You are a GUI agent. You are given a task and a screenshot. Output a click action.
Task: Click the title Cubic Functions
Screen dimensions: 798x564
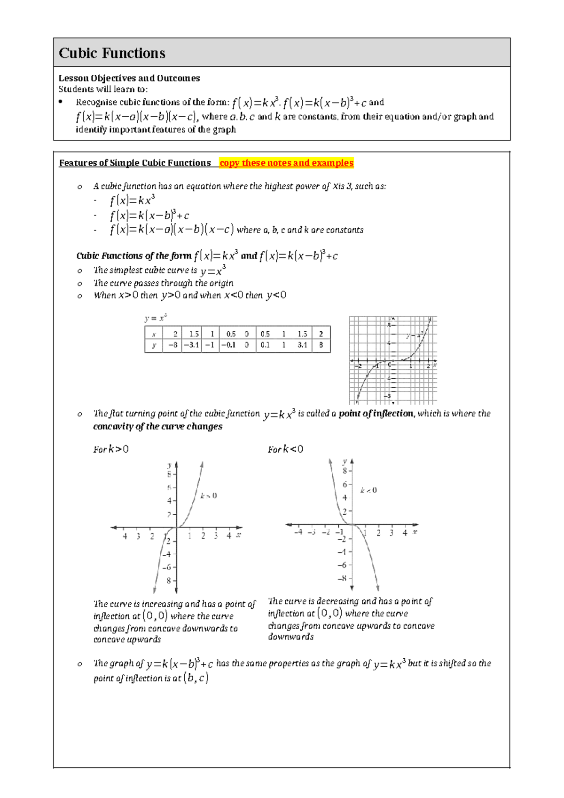coord(112,53)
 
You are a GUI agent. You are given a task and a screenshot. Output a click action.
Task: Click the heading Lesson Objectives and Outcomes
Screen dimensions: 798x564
coord(129,78)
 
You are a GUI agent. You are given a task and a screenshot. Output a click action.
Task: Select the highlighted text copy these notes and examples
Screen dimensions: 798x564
coord(286,163)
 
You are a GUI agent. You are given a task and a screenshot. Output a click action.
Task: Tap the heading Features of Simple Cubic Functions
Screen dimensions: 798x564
coord(135,163)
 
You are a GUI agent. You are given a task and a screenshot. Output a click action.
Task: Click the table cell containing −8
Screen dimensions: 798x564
coord(173,345)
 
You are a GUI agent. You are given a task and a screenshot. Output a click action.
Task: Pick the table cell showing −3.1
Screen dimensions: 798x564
coord(192,345)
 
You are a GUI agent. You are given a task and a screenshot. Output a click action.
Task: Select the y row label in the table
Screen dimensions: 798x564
coord(154,345)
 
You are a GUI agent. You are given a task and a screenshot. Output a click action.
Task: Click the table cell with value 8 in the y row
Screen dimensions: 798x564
coord(321,345)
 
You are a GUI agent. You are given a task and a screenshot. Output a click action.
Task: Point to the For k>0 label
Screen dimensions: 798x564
coord(111,449)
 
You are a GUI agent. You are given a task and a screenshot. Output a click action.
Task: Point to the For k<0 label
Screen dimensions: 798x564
coord(285,449)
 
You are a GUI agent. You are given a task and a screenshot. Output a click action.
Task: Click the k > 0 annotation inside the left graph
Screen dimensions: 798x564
coord(209,495)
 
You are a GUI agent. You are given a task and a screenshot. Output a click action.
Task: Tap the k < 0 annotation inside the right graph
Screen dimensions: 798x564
coord(368,490)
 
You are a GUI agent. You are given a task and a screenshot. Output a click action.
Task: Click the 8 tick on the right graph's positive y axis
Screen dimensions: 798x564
coord(345,471)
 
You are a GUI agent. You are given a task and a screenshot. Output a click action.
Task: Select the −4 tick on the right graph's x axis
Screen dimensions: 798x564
coord(298,533)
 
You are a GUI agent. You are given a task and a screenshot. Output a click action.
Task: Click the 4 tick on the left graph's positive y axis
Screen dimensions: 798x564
coord(169,501)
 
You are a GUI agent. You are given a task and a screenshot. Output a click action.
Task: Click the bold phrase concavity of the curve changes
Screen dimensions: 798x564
coord(158,427)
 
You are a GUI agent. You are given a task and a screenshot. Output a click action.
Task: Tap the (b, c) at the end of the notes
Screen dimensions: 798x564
coord(196,678)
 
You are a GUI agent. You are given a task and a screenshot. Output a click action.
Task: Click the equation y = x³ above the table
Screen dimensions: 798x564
coord(156,319)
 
